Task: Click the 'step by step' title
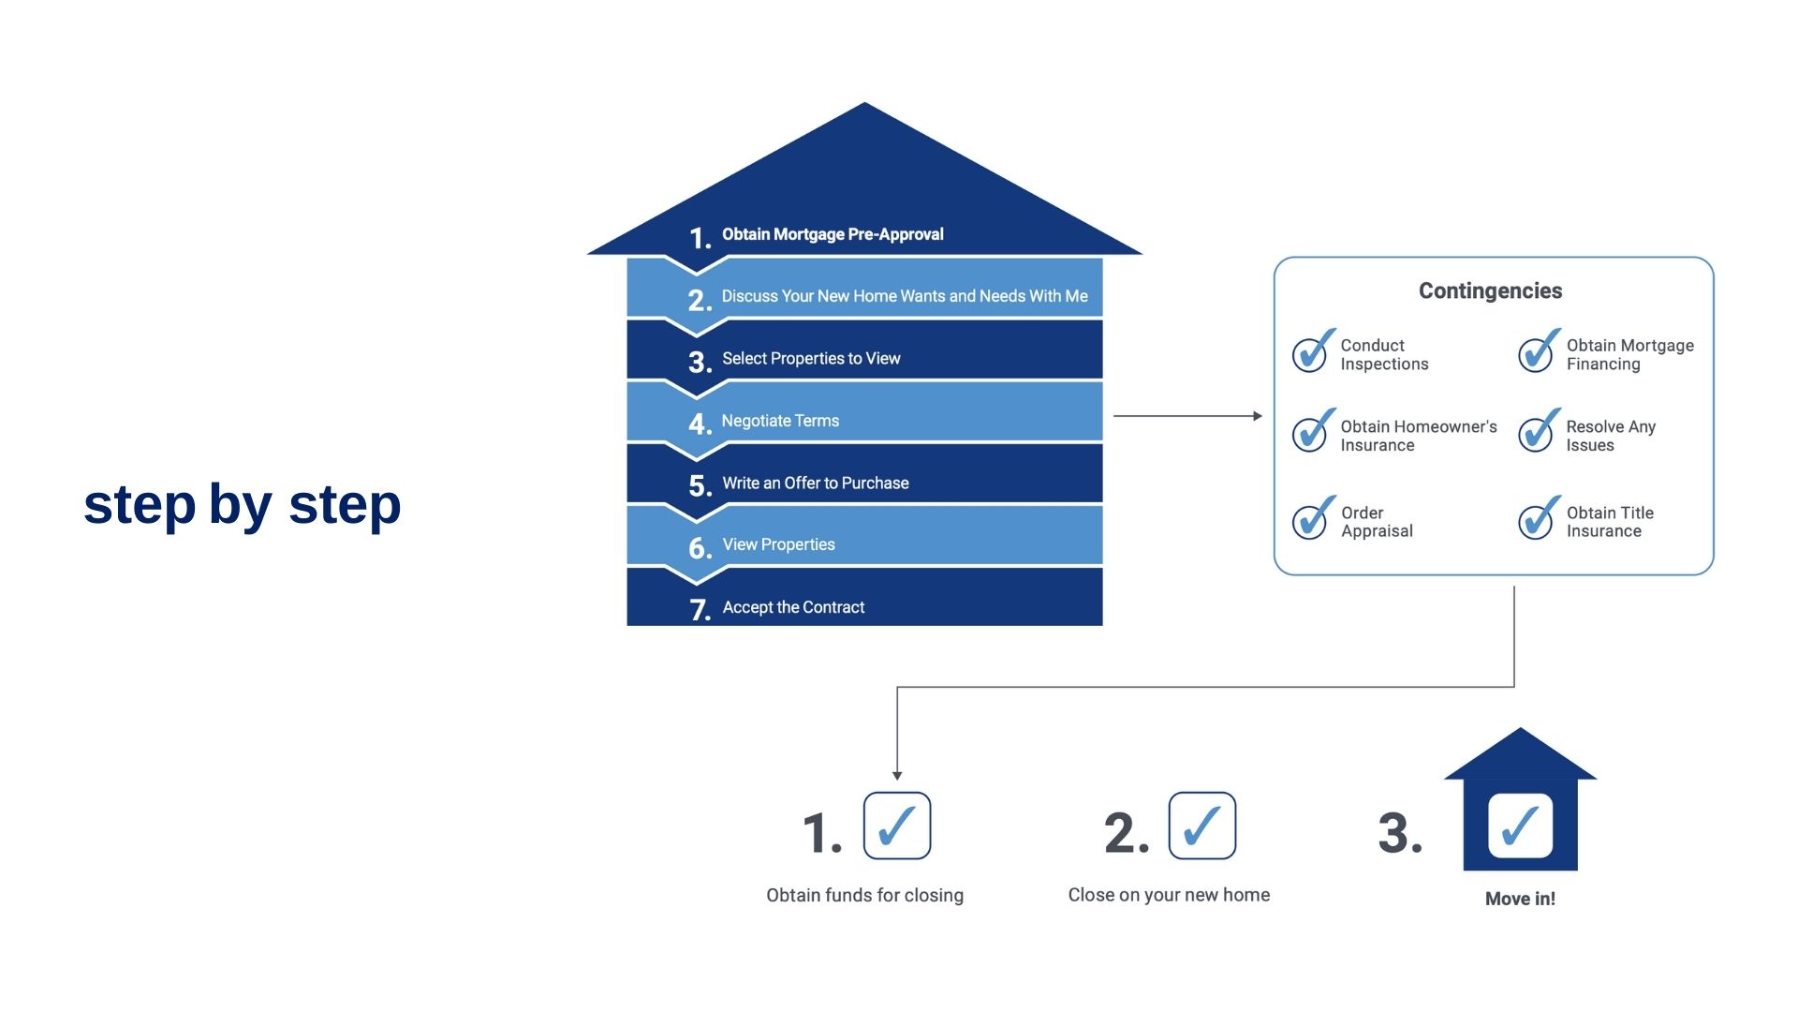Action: (x=242, y=506)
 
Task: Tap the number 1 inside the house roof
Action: (x=700, y=238)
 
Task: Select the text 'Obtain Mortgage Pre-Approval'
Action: (x=833, y=234)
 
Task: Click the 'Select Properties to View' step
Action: (x=811, y=359)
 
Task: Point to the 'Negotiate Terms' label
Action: (x=780, y=421)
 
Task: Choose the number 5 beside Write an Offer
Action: (x=700, y=485)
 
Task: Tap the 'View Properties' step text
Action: (x=778, y=544)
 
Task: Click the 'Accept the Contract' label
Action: (x=793, y=607)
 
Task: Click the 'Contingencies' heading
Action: (x=1490, y=290)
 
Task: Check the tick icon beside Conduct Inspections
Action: (x=1313, y=351)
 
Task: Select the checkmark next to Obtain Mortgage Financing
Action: (x=1539, y=351)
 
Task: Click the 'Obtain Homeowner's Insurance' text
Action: (x=1418, y=436)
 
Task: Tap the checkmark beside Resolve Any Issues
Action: (x=1539, y=431)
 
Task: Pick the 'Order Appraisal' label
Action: (x=1377, y=522)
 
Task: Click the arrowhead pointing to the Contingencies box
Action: (x=1258, y=416)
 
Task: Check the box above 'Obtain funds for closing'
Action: (x=897, y=826)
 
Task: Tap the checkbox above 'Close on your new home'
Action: (x=1202, y=826)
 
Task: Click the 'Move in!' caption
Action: (x=1520, y=899)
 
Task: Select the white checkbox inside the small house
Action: (x=1520, y=826)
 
